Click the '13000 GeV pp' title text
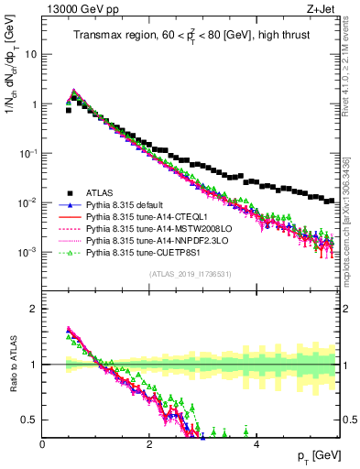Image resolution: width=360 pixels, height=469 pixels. [x=77, y=9]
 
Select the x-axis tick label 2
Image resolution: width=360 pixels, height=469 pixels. [x=149, y=443]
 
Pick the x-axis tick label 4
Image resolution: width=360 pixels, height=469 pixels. [x=256, y=443]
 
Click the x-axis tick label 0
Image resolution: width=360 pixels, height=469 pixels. [x=43, y=443]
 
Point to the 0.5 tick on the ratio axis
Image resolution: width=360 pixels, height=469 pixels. [x=30, y=420]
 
